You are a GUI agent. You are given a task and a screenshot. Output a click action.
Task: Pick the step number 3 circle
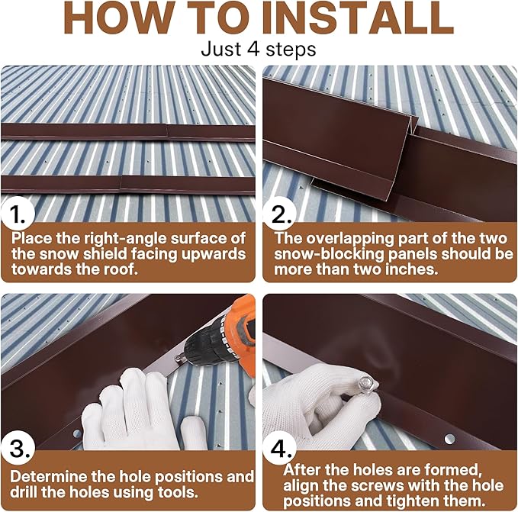point(18,446)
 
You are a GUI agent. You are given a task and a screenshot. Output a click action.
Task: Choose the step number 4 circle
point(282,446)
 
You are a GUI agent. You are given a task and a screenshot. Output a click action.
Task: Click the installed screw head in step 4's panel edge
point(449,438)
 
